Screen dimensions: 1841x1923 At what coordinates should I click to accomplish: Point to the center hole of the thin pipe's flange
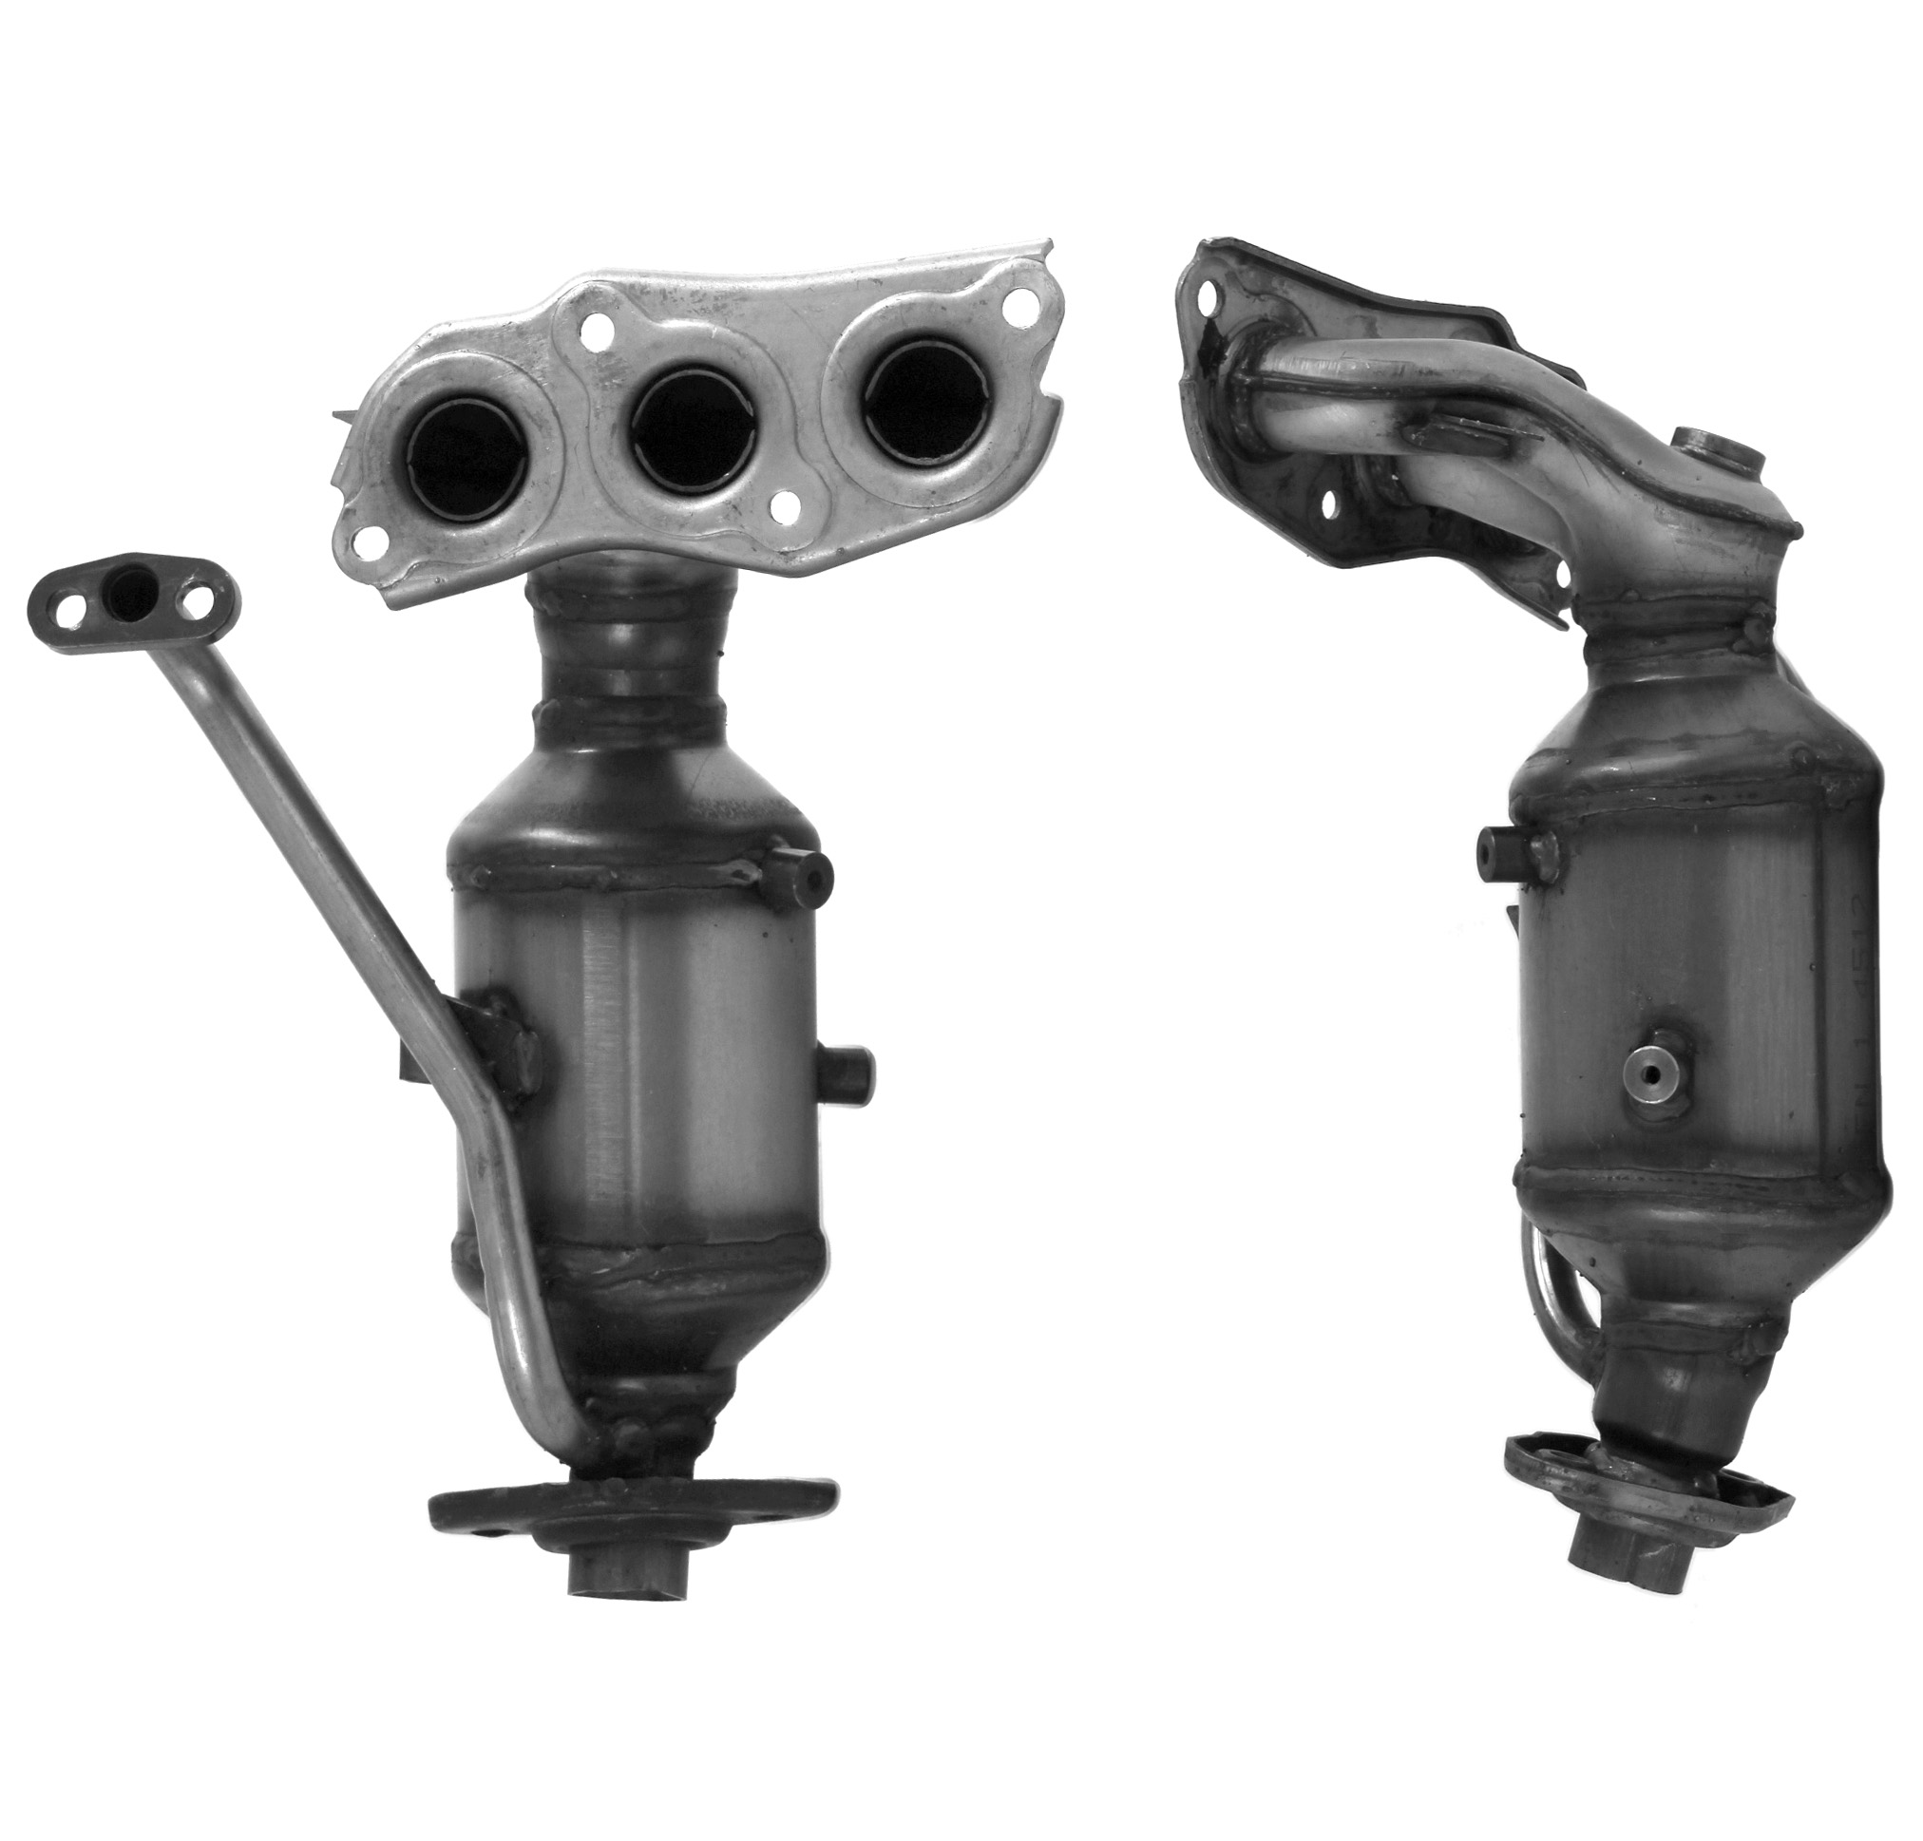[x=131, y=592]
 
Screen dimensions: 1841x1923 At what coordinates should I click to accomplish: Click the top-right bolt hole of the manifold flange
[x=1022, y=305]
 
